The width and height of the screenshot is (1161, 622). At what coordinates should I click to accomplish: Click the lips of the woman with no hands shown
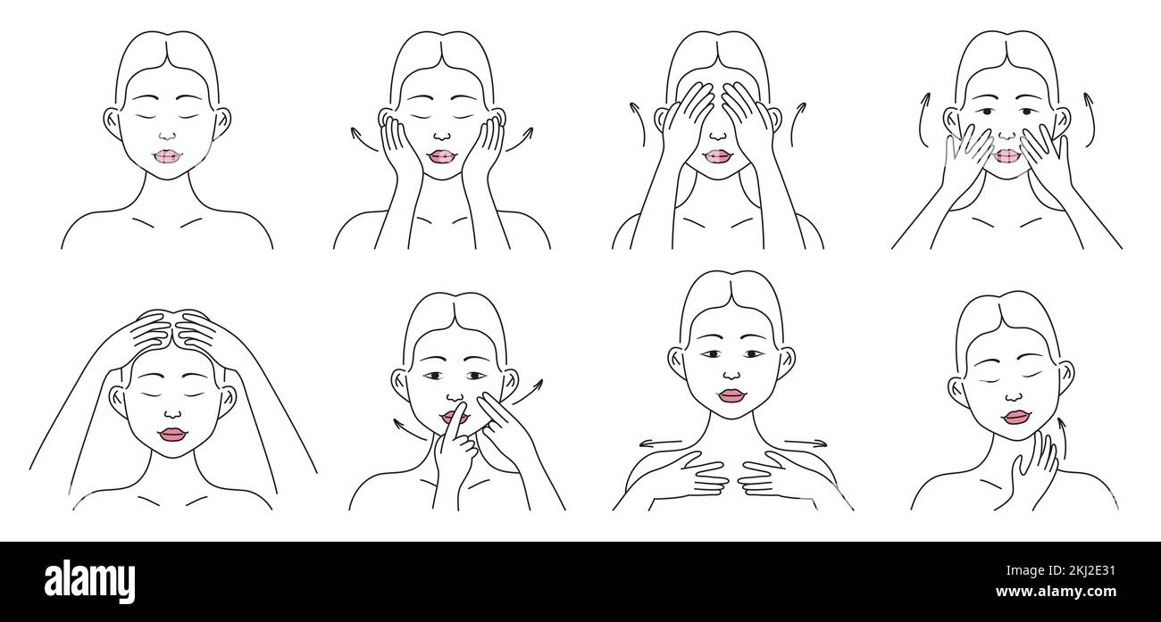(x=166, y=156)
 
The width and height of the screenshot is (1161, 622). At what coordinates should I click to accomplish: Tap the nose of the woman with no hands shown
(x=166, y=137)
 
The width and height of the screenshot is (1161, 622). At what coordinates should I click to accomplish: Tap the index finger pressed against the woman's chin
(x=457, y=419)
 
